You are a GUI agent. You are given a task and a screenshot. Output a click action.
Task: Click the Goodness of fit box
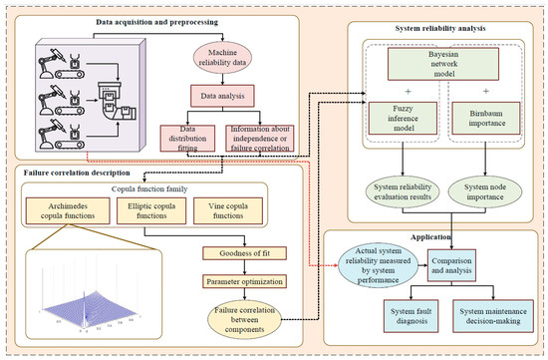[x=236, y=254]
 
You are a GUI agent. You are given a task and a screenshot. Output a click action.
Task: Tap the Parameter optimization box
[x=236, y=283]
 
